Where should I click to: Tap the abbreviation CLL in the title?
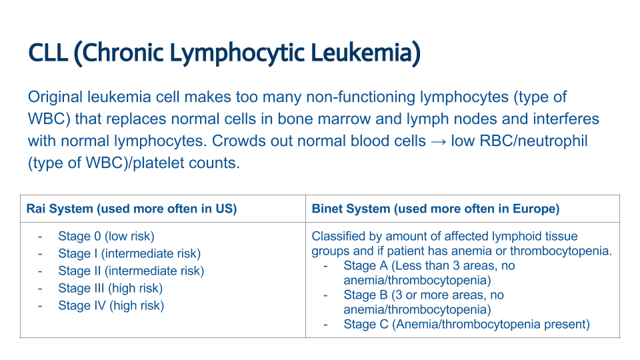click(47, 52)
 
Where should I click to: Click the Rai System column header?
click(132, 209)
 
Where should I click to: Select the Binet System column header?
click(435, 209)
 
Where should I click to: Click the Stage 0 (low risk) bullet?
click(106, 236)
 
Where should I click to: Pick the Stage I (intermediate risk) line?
click(129, 253)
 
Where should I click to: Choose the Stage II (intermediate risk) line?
click(131, 271)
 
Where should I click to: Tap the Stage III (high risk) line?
click(110, 288)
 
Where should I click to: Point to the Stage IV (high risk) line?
click(111, 305)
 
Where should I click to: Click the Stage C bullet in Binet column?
click(467, 324)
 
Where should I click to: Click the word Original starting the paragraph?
click(55, 97)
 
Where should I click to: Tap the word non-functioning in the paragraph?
click(361, 97)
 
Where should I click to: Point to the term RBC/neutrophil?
click(521, 141)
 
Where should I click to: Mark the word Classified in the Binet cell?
click(338, 236)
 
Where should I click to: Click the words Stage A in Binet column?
click(367, 265)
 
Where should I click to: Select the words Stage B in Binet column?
click(367, 295)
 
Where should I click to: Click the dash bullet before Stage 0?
click(41, 236)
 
